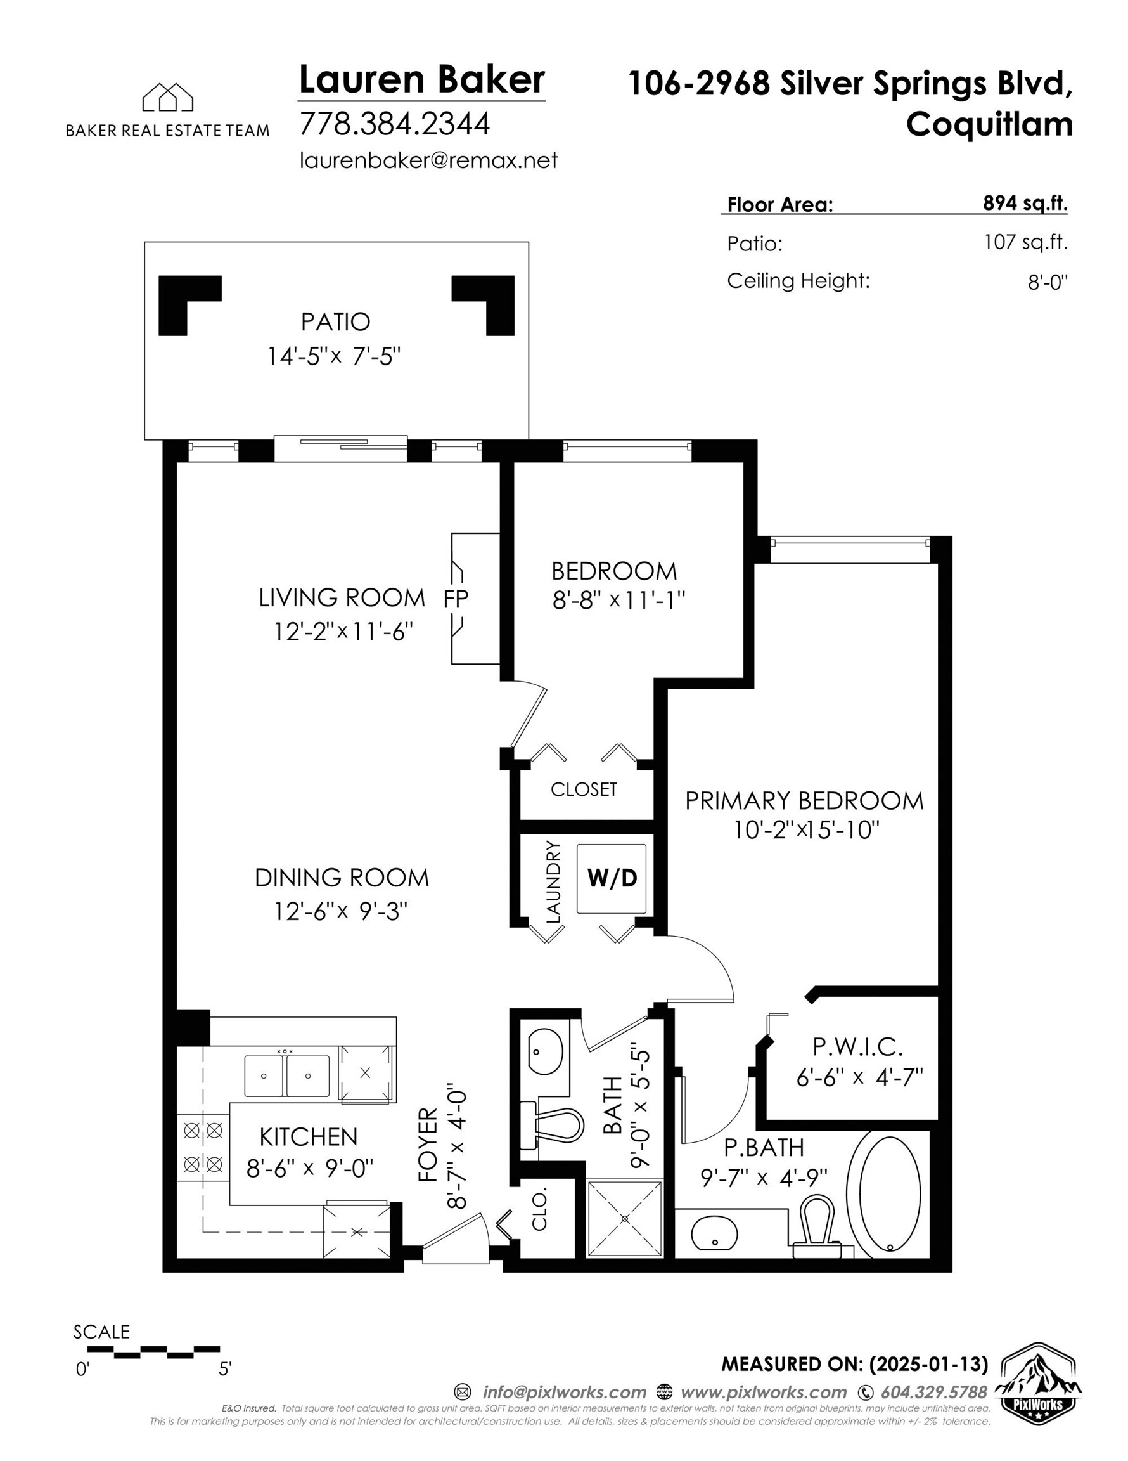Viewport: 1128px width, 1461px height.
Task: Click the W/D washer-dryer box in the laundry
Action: click(611, 878)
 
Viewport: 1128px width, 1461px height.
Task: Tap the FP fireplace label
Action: click(456, 599)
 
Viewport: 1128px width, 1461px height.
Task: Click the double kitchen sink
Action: click(286, 1075)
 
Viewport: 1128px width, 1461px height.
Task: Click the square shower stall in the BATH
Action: click(625, 1219)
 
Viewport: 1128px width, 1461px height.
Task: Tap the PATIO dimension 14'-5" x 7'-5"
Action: click(334, 356)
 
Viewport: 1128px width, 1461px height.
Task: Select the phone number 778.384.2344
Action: click(395, 124)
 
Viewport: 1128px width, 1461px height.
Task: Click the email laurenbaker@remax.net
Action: click(428, 160)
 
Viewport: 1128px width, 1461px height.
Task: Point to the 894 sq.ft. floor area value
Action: click(1024, 204)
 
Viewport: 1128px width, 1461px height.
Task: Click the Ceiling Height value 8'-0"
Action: click(1047, 283)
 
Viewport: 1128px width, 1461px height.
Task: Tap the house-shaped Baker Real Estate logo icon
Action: click(167, 98)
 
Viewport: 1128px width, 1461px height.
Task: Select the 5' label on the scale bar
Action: click(225, 1369)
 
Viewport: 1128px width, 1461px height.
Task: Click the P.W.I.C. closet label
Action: click(857, 1046)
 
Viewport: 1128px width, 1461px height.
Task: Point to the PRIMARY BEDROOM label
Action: click(804, 801)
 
